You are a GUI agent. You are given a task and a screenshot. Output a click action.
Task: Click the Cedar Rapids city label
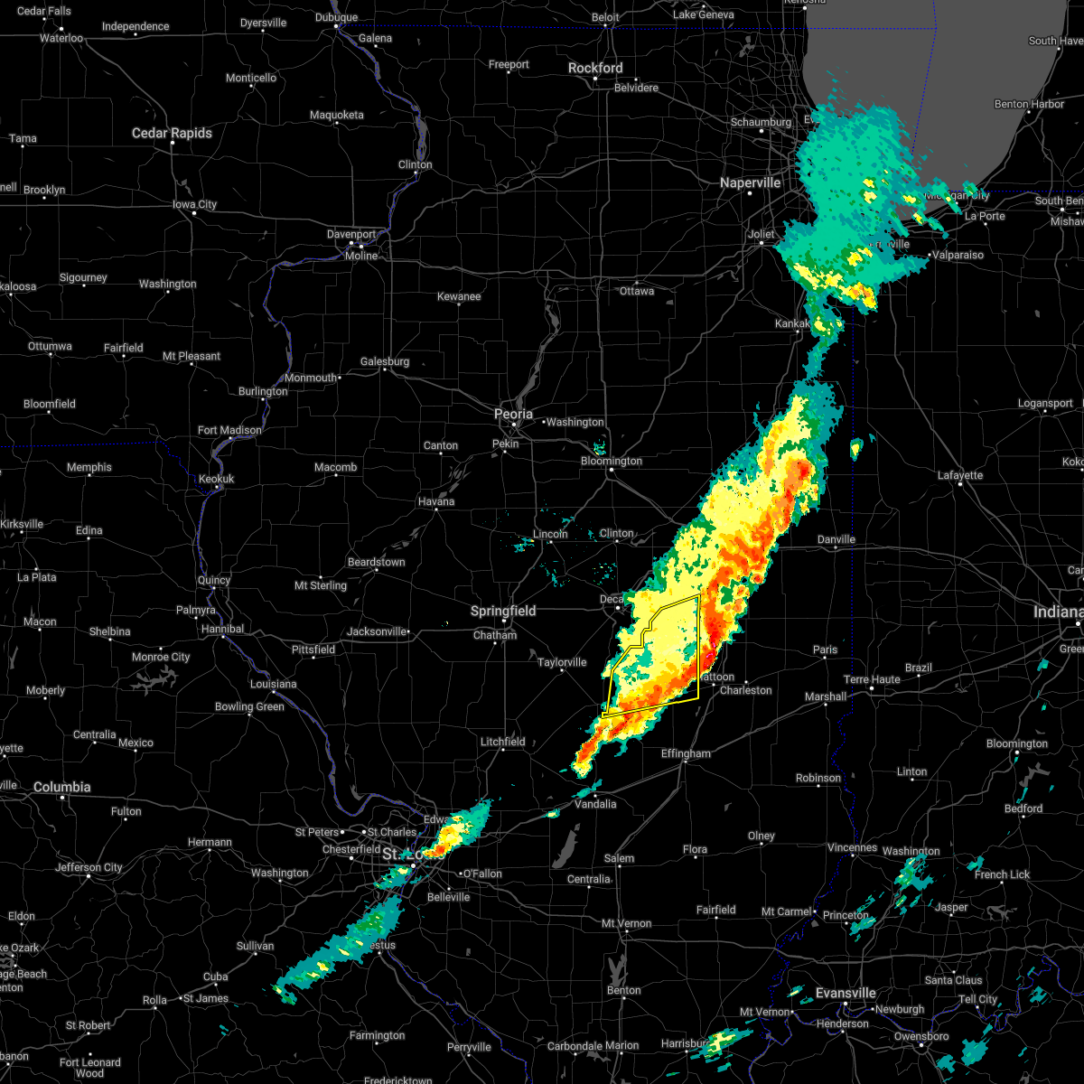(x=172, y=133)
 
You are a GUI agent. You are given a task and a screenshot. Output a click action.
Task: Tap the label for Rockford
(x=595, y=68)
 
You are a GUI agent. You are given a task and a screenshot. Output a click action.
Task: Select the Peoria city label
(x=513, y=414)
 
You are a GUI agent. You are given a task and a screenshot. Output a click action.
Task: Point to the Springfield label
(x=503, y=611)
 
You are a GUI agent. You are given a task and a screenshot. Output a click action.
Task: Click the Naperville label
(x=750, y=182)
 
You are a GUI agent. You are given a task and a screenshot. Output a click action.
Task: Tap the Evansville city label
(x=846, y=993)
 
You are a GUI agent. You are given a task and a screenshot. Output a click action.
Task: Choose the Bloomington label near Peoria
(x=612, y=461)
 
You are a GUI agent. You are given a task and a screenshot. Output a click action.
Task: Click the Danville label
(x=836, y=539)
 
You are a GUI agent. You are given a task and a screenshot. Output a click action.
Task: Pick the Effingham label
(x=686, y=753)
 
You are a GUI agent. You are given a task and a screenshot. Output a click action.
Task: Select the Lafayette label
(x=959, y=475)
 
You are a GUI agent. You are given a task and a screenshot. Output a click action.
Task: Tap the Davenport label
(x=351, y=234)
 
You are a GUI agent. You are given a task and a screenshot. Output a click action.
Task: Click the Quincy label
(x=214, y=580)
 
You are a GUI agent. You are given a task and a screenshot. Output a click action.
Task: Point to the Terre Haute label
(x=872, y=679)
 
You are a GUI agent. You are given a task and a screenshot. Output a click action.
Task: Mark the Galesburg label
(x=385, y=361)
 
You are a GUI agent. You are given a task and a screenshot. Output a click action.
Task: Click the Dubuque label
(x=336, y=17)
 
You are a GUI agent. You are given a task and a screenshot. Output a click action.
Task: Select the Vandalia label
(x=595, y=804)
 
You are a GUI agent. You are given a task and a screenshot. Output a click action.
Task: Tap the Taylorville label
(x=562, y=662)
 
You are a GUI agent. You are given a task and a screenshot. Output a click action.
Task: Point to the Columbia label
(x=62, y=787)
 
